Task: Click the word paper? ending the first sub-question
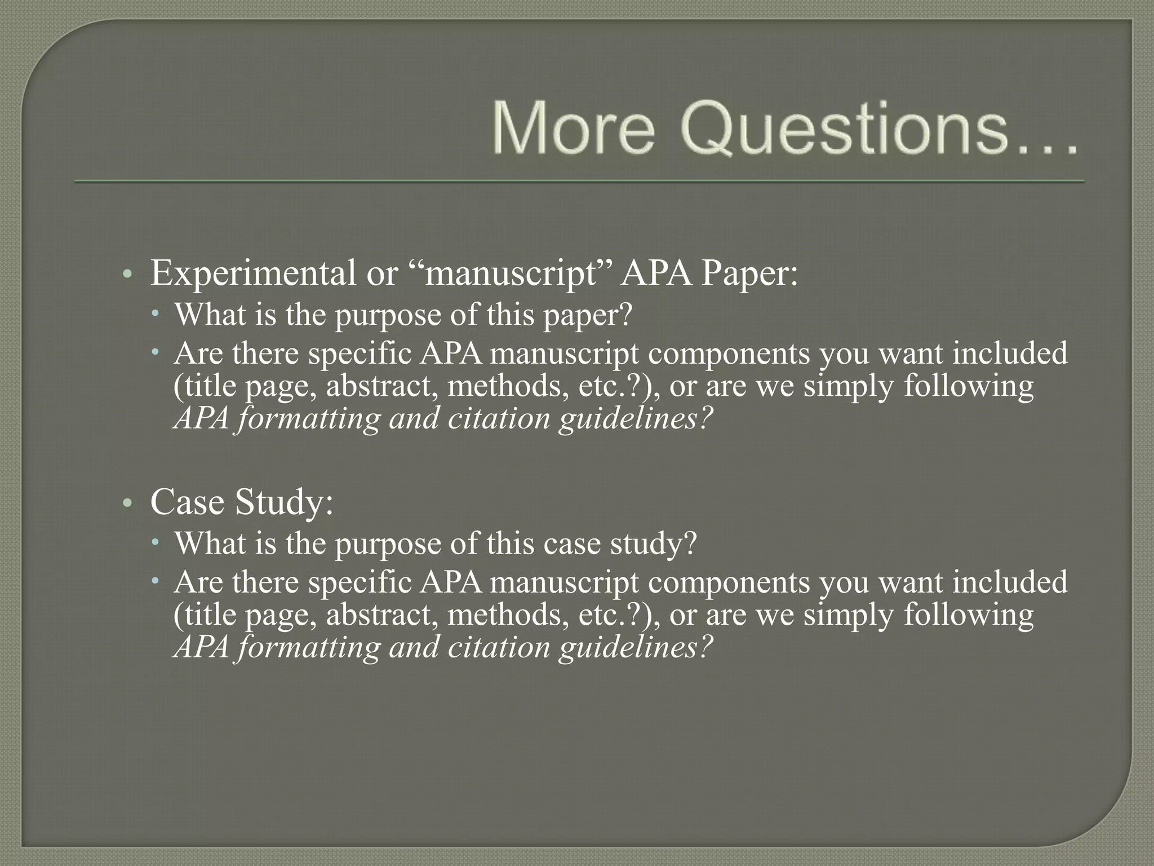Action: tap(588, 316)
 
